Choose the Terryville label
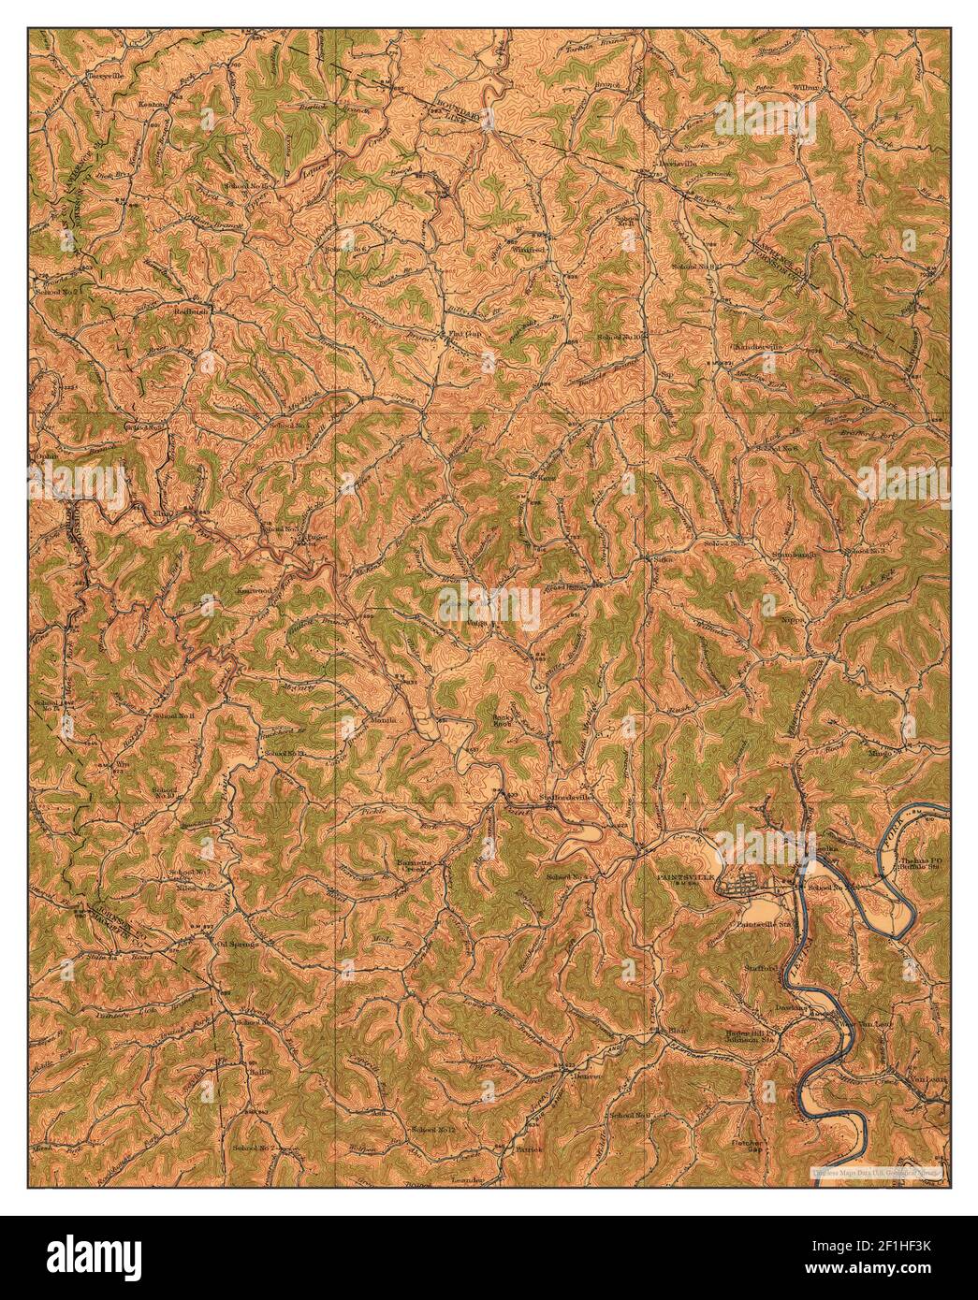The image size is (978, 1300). (106, 74)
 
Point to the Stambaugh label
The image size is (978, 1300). (794, 554)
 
